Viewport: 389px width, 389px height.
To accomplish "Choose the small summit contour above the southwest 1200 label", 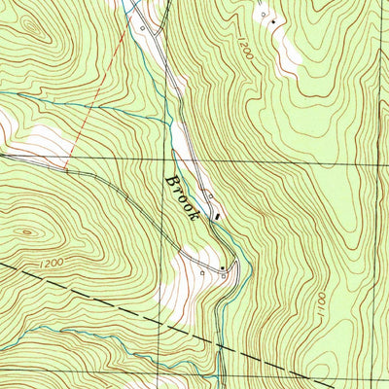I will pyautogui.click(x=26, y=231).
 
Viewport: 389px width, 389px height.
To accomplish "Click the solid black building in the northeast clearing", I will pyautogui.click(x=273, y=21).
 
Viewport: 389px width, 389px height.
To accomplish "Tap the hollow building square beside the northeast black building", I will pyautogui.click(x=261, y=16).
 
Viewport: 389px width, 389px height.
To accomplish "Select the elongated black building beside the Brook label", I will pyautogui.click(x=216, y=216).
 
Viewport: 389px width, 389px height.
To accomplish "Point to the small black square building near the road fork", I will pyautogui.click(x=222, y=266).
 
